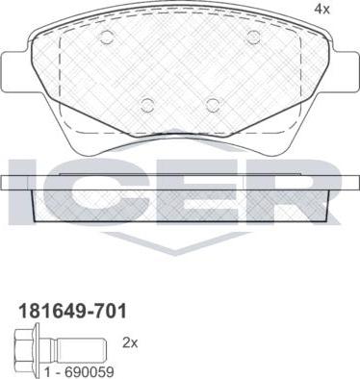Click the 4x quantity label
tap(321, 10)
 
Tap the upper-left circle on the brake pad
tap(107, 38)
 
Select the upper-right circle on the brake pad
tap(253, 38)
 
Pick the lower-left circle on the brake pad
tap(147, 105)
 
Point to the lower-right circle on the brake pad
tap(214, 105)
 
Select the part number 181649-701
tap(73, 311)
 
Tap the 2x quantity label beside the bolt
tap(130, 343)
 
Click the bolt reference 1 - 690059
tap(79, 372)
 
